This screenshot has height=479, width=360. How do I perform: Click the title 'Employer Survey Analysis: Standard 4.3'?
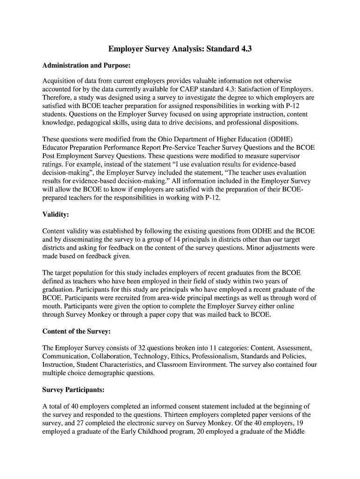[180, 49]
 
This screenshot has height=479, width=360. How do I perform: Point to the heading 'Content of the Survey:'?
[76, 331]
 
